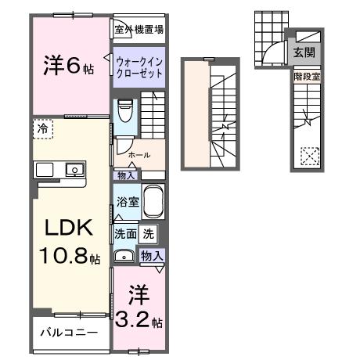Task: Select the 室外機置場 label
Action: pos(139,30)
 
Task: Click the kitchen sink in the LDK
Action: pos(74,168)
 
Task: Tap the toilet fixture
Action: pos(124,110)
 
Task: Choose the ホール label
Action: pos(140,154)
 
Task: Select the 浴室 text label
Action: pos(127,202)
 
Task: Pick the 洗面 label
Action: pos(125,232)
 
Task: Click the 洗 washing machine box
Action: pos(149,232)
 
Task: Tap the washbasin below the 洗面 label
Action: pos(124,256)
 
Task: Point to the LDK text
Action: pos(67,228)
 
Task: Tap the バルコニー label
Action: pos(70,333)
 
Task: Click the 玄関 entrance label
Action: pos(304,53)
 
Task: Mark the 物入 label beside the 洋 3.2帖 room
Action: pos(152,255)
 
